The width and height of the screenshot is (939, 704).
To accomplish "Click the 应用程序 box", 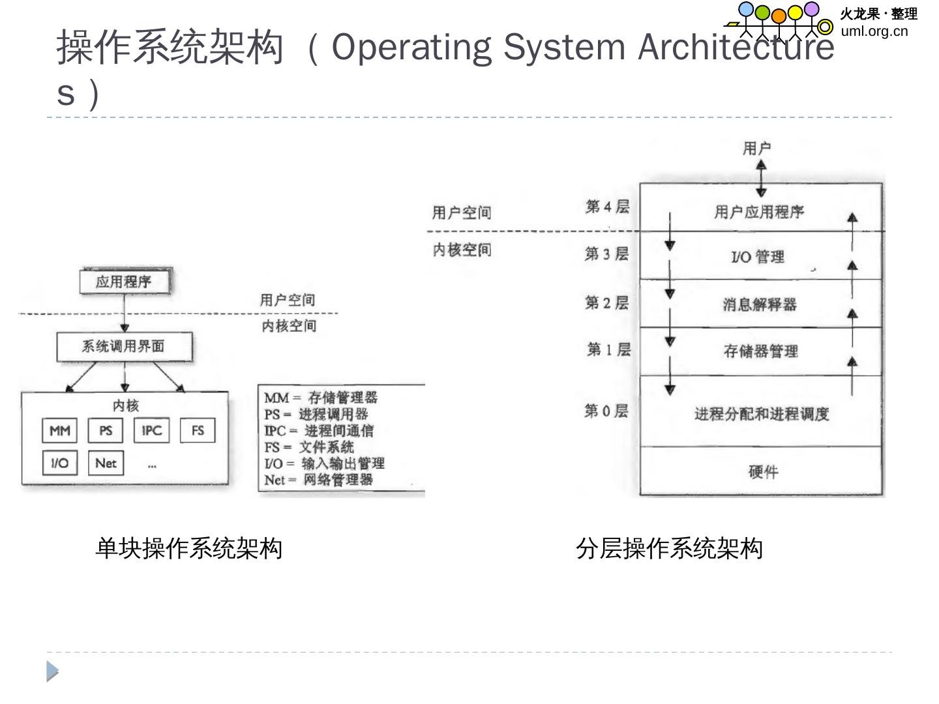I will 124,282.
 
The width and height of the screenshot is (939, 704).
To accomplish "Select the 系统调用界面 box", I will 124,346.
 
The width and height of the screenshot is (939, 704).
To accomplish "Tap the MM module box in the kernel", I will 60,430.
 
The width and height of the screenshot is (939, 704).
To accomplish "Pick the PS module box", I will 106,430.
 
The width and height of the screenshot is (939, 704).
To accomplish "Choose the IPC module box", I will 152,430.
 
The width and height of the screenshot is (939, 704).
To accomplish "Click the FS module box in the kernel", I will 198,430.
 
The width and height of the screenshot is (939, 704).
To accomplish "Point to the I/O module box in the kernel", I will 59,463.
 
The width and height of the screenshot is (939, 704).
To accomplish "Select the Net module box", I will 106,463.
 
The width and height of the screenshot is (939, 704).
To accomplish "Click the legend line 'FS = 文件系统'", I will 309,447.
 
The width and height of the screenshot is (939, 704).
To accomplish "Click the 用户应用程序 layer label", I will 759,212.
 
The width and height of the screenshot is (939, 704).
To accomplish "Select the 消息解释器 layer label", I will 760,304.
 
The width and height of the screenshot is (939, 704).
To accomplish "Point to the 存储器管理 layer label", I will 760,351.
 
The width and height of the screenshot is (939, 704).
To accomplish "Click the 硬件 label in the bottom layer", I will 763,472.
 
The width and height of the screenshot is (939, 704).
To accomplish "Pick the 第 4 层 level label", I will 607,207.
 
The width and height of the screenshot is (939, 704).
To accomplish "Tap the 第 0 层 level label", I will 606,411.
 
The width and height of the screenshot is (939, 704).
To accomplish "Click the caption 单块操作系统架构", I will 188,548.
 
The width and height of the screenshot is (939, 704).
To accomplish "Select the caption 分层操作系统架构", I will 669,548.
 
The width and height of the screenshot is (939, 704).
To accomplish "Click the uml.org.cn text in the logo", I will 874,31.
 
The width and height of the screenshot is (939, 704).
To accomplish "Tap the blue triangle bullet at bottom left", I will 52,671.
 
